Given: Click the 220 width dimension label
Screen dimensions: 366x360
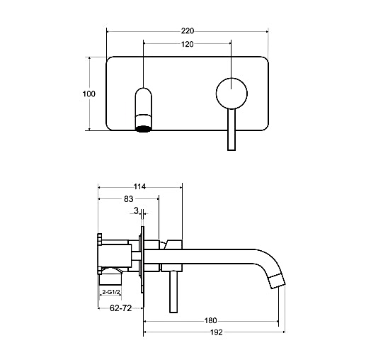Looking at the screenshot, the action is coord(188,30).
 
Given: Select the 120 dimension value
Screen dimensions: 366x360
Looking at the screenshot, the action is coord(188,44).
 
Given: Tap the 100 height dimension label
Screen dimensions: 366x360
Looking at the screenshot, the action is coord(89,94).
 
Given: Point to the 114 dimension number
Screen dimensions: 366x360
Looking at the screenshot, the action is coord(139,187).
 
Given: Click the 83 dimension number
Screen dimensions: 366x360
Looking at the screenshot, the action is coord(129,199).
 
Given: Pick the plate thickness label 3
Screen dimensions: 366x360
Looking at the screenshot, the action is coord(136,210).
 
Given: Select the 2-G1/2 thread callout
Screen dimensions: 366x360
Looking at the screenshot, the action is coord(110,292).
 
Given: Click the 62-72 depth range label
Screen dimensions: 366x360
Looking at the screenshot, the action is coord(120,308).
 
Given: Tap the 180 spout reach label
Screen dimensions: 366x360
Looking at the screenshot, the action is coord(210,320).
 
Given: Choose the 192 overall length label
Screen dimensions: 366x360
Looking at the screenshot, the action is coord(217,332).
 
